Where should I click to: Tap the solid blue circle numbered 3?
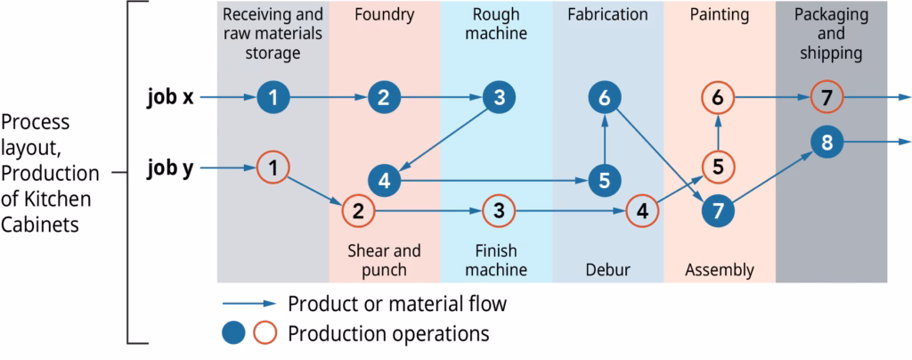(499, 98)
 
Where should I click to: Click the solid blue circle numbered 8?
(827, 142)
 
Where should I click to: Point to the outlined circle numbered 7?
(827, 98)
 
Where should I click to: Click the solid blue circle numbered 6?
(605, 98)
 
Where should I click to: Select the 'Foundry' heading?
(384, 14)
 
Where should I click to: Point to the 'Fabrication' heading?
(607, 14)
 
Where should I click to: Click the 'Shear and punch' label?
(384, 260)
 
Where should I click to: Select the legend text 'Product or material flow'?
(397, 304)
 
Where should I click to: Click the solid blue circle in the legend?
(233, 334)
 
